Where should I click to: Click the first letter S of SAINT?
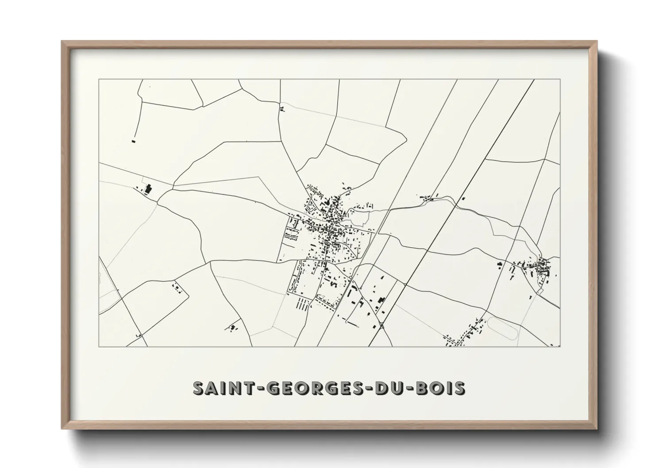coord(199,387)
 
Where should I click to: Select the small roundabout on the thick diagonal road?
coord(381,326)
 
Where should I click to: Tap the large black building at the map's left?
coord(148,189)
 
